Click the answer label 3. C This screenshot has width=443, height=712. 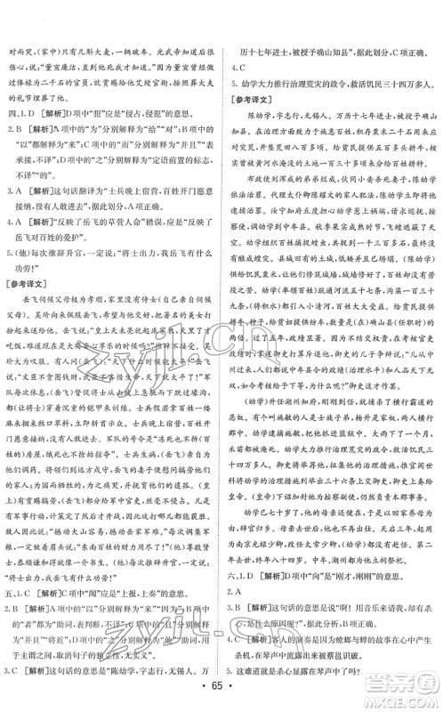point(15,670)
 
